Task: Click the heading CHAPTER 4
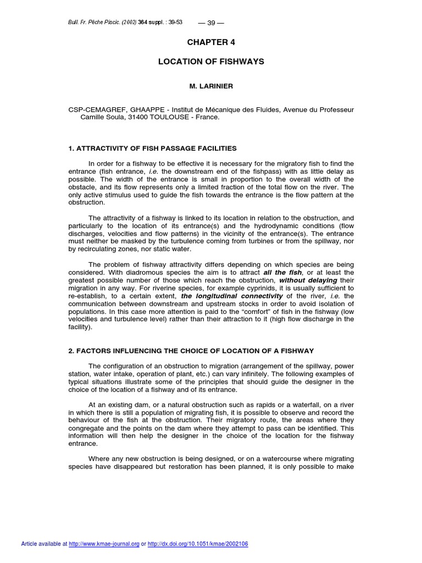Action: [x=211, y=42]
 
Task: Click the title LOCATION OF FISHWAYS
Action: [x=211, y=62]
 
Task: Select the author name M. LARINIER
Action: [x=211, y=86]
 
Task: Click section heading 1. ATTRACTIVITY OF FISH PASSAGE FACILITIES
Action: [x=152, y=148]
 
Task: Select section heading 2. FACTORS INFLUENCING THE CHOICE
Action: [x=191, y=351]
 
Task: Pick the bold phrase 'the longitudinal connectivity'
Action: [x=231, y=296]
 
